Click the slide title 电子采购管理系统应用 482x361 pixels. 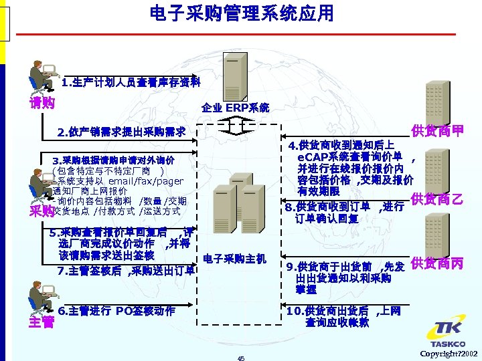coord(241,14)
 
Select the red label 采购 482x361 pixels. coord(41,211)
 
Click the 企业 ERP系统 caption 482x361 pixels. coord(236,107)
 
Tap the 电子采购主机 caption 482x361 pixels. coord(234,257)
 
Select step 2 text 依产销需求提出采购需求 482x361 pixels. coord(121,132)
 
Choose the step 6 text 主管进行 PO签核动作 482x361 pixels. coord(116,311)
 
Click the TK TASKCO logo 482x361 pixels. coord(447,334)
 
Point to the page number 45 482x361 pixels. coord(241,358)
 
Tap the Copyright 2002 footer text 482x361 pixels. coord(449,353)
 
